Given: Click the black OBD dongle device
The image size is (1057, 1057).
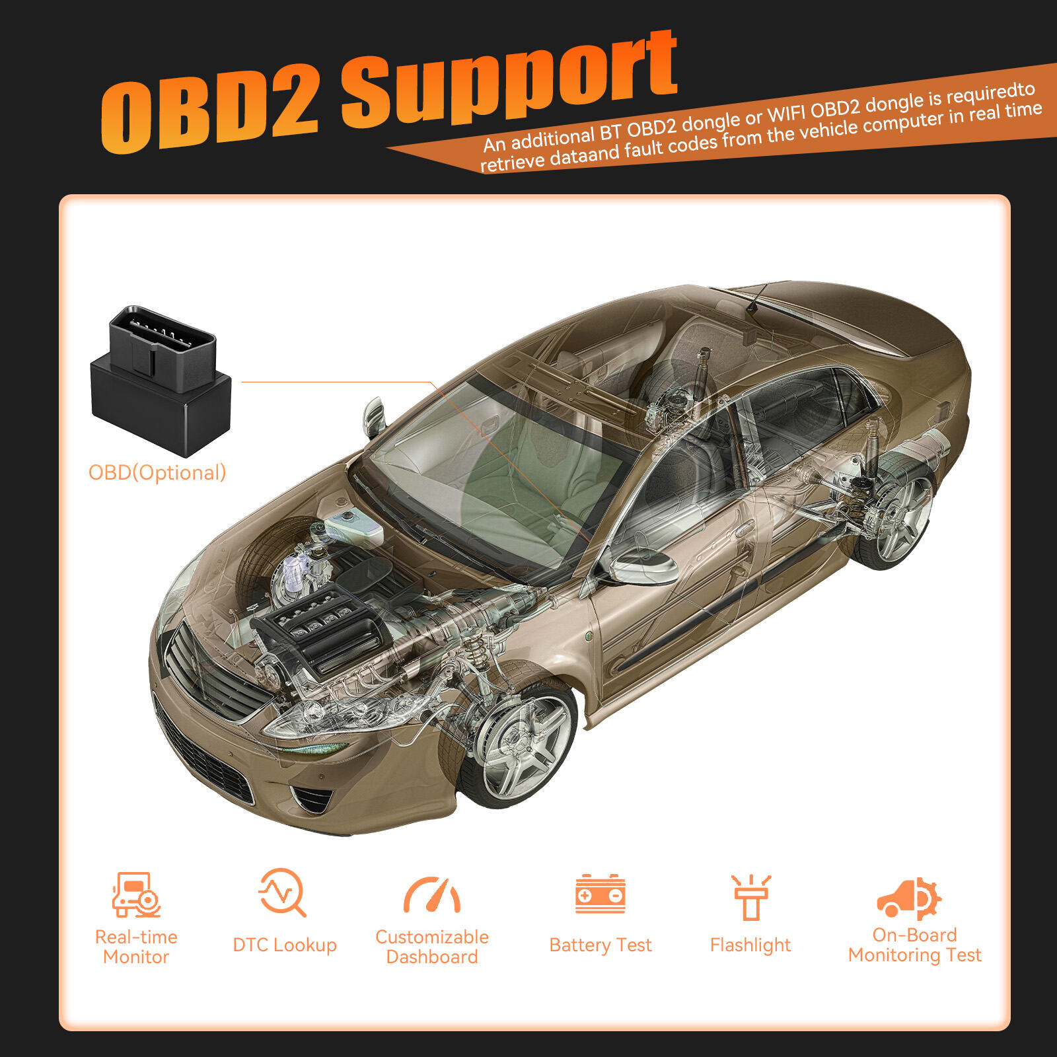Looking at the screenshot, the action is point(161,381).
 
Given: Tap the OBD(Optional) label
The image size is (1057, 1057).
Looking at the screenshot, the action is point(157,473).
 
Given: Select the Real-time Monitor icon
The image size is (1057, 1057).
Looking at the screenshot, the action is point(136,894).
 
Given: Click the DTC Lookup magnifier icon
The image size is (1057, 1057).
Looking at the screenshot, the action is point(283,893).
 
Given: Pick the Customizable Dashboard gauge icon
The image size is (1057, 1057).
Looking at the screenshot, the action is point(432,895).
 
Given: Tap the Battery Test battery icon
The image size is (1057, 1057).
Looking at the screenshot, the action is point(601,894).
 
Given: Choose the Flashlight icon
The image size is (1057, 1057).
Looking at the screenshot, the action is point(750,897).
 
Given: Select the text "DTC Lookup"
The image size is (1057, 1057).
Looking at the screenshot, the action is point(285,945).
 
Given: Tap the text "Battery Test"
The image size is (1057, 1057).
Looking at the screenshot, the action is point(601,945).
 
